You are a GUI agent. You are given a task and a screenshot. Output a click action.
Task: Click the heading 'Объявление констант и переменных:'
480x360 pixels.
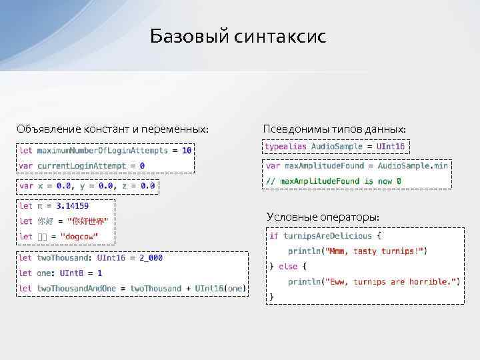click(x=113, y=128)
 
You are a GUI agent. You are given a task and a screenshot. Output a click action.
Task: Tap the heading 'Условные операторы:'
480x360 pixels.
click(x=323, y=217)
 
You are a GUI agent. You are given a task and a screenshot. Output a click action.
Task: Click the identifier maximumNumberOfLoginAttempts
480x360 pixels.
click(x=103, y=151)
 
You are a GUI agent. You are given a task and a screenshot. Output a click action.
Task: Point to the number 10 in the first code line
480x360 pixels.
click(x=187, y=151)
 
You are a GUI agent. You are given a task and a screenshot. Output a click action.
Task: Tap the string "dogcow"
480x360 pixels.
click(x=79, y=237)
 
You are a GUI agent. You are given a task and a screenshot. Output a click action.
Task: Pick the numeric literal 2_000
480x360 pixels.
click(x=149, y=258)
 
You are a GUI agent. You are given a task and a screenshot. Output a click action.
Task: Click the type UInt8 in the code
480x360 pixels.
click(x=71, y=273)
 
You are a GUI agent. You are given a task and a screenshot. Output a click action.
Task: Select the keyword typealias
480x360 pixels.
click(x=286, y=146)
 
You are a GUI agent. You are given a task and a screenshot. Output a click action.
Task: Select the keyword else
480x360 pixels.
click(x=288, y=267)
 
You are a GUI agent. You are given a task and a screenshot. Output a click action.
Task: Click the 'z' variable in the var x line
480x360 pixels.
click(x=123, y=186)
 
